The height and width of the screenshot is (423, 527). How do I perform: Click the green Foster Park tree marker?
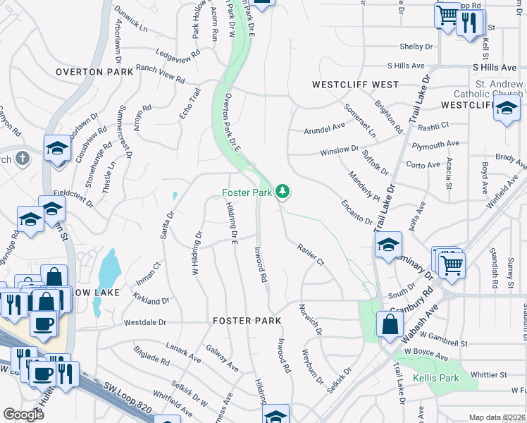click(282, 191)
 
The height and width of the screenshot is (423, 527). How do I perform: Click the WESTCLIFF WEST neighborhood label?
click(356, 85)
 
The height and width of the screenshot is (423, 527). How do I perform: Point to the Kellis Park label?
click(438, 378)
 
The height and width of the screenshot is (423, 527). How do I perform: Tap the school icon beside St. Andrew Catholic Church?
click(506, 109)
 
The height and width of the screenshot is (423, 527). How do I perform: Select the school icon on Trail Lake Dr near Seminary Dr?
click(387, 245)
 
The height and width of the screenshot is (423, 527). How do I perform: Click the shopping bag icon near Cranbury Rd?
click(390, 326)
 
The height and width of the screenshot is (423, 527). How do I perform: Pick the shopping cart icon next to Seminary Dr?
click(451, 264)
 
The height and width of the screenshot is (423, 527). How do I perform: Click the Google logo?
click(23, 415)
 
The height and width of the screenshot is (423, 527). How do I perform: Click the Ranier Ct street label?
click(310, 255)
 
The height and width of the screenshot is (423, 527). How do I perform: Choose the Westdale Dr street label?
click(144, 322)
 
